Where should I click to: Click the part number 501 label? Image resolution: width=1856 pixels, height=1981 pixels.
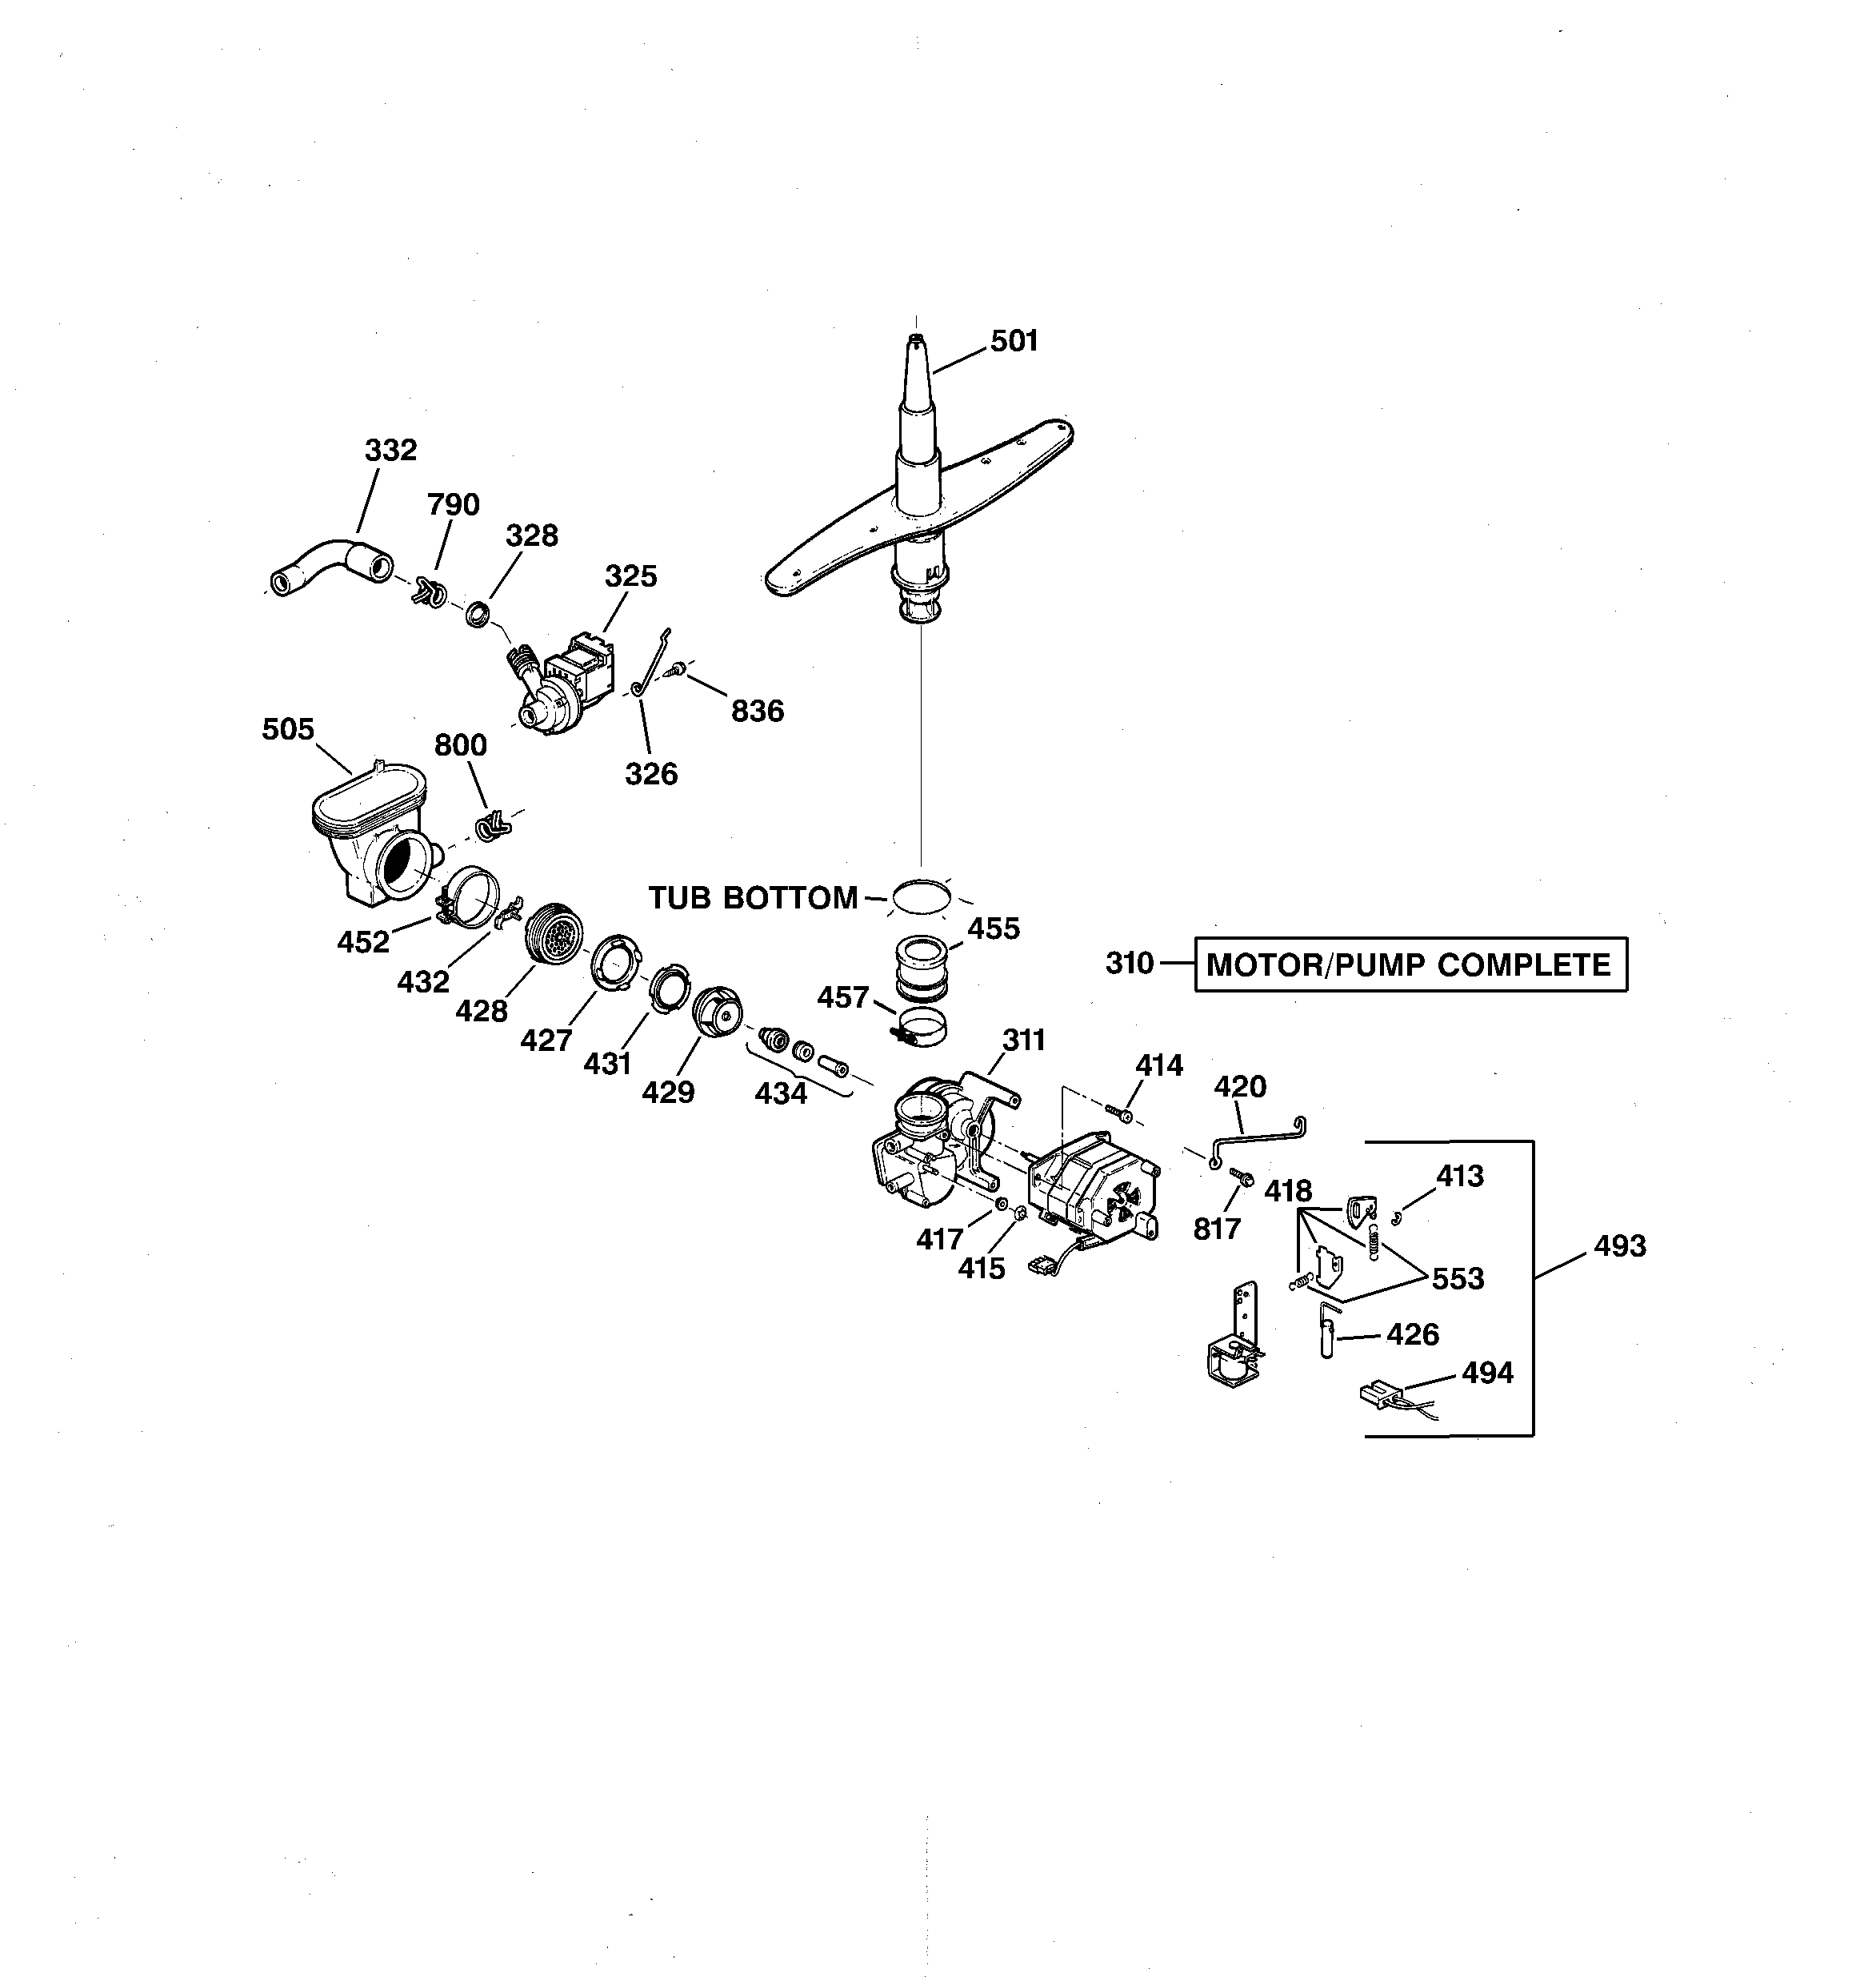click(1014, 342)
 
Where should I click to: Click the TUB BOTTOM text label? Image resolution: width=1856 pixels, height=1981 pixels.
click(752, 898)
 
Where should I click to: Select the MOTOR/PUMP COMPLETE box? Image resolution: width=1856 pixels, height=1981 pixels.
click(1410, 964)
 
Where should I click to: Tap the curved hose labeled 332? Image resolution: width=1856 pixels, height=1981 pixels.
click(328, 564)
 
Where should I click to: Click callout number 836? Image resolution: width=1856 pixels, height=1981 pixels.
click(757, 712)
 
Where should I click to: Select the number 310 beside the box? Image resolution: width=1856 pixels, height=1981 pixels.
click(1130, 964)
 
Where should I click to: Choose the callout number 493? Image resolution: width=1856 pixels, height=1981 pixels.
click(1619, 1246)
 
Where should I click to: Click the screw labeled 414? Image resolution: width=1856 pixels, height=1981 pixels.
click(1121, 1112)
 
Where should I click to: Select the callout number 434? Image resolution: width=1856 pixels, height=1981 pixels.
click(780, 1094)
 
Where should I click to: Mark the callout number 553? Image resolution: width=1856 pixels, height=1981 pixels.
click(1458, 1278)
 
